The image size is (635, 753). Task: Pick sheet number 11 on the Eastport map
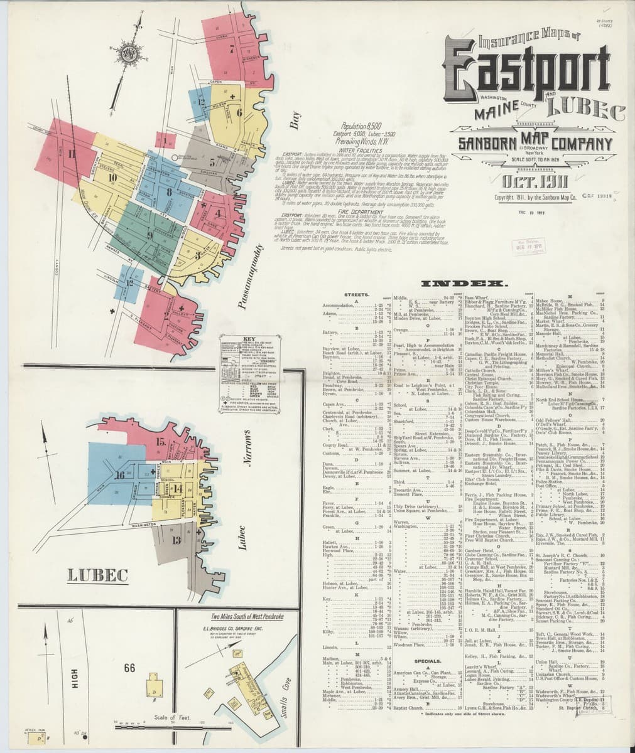point(72,154)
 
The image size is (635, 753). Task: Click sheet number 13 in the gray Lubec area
point(176,539)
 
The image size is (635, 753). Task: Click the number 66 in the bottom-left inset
point(131,666)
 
